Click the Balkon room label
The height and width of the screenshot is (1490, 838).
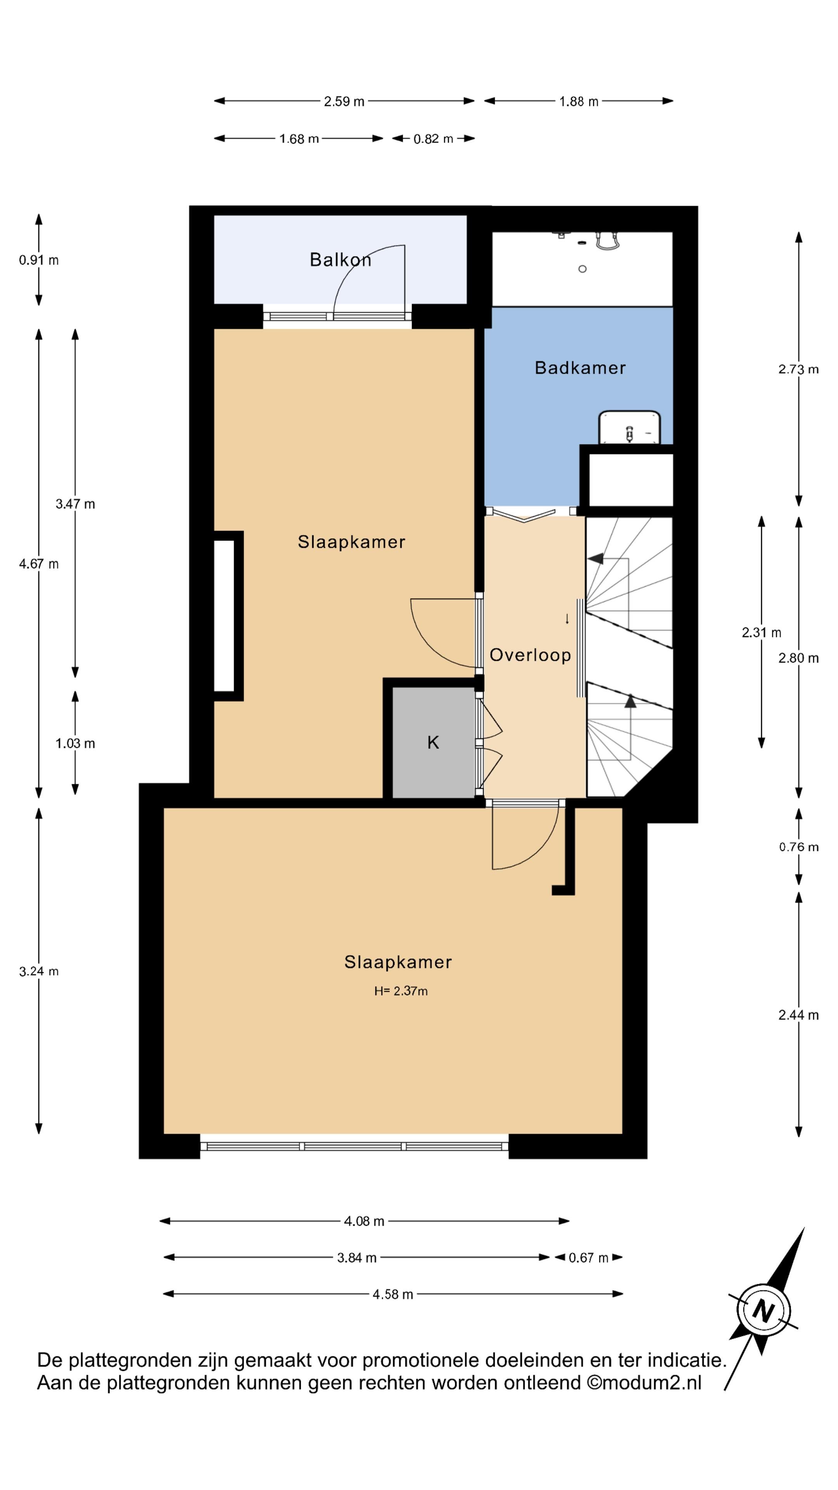point(340,260)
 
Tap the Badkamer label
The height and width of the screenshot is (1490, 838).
point(580,368)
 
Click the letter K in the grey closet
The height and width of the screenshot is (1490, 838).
point(433,742)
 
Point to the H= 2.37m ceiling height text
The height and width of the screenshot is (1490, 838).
point(401,991)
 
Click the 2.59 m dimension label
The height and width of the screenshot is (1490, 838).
point(344,102)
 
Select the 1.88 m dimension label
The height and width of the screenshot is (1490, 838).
point(578,102)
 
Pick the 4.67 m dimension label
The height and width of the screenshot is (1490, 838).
point(39,564)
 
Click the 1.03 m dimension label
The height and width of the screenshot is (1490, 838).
point(75,743)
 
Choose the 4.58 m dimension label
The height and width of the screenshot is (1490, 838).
point(393,1294)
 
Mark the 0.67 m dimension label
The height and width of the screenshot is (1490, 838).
point(588,1258)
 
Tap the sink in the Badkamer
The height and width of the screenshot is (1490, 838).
point(630,428)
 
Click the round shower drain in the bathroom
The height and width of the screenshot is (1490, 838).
point(582,269)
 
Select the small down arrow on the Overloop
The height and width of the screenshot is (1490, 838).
point(567,619)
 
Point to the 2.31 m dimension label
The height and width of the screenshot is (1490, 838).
point(761,633)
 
